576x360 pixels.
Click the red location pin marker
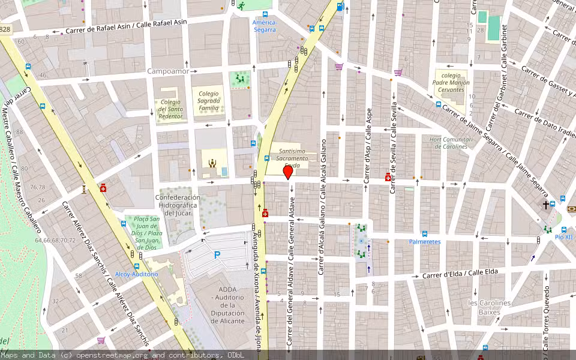287,173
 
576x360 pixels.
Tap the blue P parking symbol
217,255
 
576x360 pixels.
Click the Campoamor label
168,71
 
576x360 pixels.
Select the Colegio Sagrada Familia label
209,101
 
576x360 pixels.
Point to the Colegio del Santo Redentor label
170,109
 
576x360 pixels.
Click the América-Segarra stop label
264,26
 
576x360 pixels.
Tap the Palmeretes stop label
425,242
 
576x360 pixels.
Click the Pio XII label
563,237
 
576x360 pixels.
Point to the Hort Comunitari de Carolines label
451,143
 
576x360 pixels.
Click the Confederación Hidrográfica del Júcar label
178,205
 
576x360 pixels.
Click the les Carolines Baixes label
489,307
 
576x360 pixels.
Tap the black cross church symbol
546,205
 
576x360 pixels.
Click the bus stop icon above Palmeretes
424,233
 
